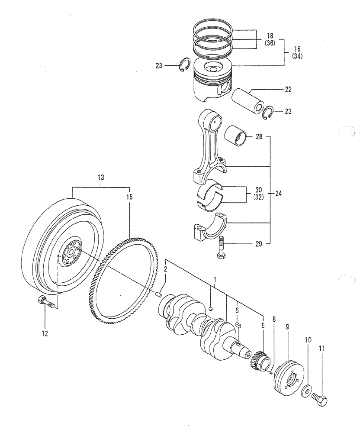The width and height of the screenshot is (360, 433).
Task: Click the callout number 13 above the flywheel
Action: (x=101, y=178)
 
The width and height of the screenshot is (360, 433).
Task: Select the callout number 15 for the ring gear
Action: (x=129, y=197)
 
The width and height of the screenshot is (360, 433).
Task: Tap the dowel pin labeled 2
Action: (x=159, y=295)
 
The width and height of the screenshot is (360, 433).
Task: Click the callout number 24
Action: (x=278, y=194)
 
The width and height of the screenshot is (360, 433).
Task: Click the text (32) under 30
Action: (x=259, y=197)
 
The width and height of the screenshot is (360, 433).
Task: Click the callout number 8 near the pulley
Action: (x=273, y=320)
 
